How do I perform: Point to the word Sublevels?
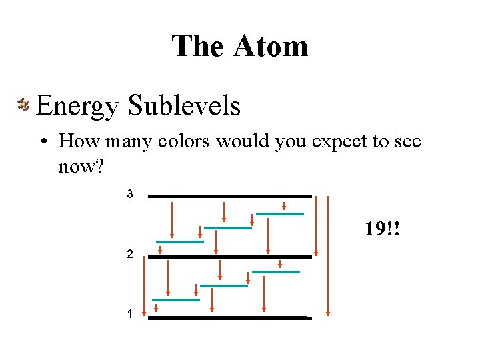click(x=184, y=105)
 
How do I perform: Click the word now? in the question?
click(x=81, y=166)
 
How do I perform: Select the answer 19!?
click(x=382, y=230)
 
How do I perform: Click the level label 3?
click(x=130, y=195)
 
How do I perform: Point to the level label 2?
click(x=131, y=255)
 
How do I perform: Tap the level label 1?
click(x=130, y=313)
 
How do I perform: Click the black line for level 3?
click(x=230, y=196)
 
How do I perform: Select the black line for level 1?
click(x=230, y=318)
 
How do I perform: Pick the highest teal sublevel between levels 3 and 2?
click(x=280, y=214)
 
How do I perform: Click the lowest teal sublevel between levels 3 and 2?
click(x=179, y=241)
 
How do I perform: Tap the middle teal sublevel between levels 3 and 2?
click(x=228, y=228)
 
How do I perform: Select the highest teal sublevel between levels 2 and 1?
click(x=276, y=272)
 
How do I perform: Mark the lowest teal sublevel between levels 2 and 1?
click(x=176, y=300)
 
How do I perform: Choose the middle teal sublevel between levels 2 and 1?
click(x=224, y=286)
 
